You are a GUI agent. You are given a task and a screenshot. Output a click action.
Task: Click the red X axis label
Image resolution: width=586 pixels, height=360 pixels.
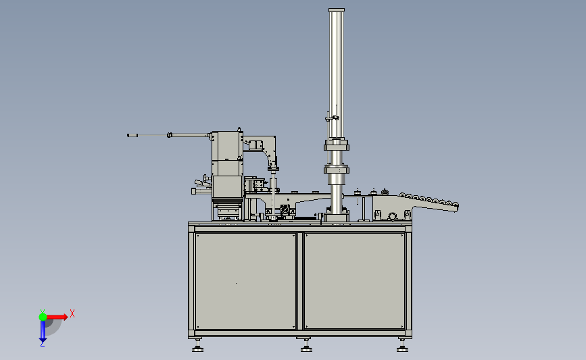point(72,313)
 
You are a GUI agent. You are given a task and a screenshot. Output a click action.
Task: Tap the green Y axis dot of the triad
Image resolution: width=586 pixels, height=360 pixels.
point(43,317)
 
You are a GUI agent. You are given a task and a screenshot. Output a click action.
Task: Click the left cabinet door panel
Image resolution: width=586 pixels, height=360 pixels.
point(245,281)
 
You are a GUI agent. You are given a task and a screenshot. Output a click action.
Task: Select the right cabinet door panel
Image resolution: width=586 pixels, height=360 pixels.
point(354,281)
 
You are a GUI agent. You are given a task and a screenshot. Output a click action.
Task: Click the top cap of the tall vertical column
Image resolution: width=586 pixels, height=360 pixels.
point(337,10)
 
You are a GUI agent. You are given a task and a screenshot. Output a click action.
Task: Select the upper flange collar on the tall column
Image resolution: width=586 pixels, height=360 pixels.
point(337,145)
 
